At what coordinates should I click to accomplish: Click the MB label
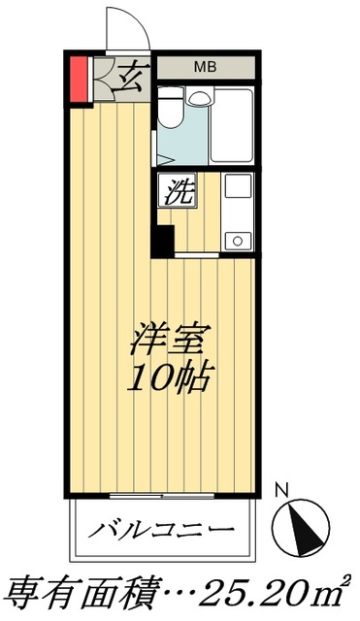pyautogui.click(x=205, y=67)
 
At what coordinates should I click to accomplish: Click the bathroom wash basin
pyautogui.click(x=198, y=98)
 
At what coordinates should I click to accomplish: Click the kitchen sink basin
pyautogui.click(x=237, y=190)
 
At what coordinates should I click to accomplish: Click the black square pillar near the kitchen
pyautogui.click(x=161, y=241)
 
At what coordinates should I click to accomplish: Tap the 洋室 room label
pyautogui.click(x=166, y=343)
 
